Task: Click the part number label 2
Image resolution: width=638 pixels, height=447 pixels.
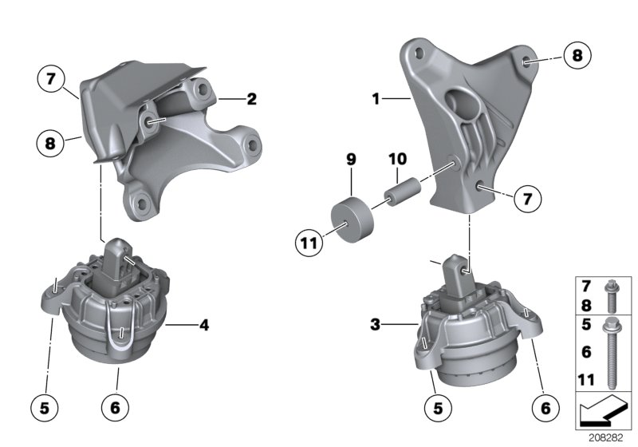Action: point(251,100)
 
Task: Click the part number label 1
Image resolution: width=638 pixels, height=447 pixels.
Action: point(375,100)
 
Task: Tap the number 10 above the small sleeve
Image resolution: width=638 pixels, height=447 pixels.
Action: point(397,160)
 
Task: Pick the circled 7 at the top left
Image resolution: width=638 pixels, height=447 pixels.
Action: point(50,80)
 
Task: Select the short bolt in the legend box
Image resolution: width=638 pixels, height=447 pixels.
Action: point(611,295)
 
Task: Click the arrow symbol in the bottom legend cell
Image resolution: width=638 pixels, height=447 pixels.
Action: point(604,413)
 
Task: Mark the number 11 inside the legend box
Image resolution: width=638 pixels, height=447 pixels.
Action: point(586,380)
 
